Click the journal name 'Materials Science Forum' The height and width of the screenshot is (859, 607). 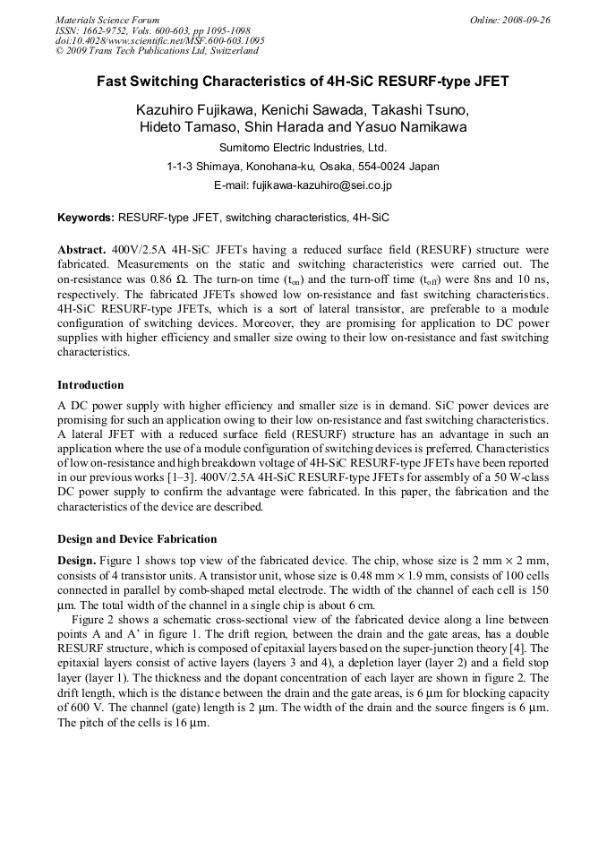pyautogui.click(x=107, y=20)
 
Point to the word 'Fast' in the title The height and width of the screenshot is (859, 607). pyautogui.click(x=113, y=82)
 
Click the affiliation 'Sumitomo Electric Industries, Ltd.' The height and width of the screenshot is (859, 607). pyautogui.click(x=303, y=148)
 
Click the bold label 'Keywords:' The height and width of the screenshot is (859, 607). pyautogui.click(x=86, y=218)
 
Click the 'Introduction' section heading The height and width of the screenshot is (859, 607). pyautogui.click(x=90, y=385)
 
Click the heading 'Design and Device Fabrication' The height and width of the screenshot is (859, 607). pyautogui.click(x=137, y=539)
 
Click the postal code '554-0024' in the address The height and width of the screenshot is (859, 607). pyautogui.click(x=383, y=167)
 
